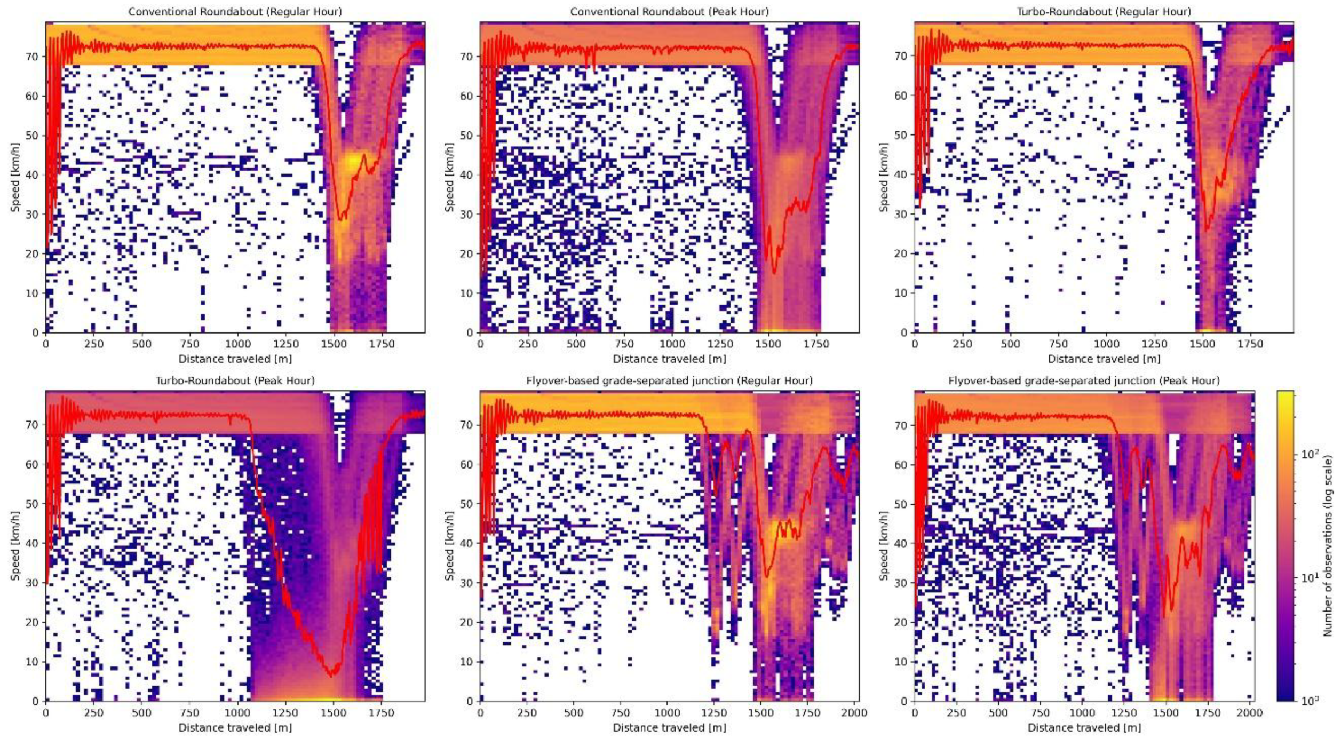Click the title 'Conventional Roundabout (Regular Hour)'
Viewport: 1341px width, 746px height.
(x=235, y=11)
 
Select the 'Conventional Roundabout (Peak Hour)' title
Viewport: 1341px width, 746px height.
(x=669, y=11)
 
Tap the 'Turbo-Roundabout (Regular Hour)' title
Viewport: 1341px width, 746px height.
(x=1104, y=11)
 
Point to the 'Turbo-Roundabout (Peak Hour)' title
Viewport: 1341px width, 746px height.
(x=235, y=380)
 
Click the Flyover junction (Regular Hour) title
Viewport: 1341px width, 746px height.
(x=669, y=380)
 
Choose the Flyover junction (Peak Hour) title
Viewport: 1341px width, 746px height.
(x=1084, y=380)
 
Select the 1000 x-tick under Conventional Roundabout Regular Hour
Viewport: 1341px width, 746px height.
(x=237, y=344)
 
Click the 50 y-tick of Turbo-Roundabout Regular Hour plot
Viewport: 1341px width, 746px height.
(x=901, y=135)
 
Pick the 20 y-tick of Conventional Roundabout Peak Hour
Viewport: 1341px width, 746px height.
(x=466, y=253)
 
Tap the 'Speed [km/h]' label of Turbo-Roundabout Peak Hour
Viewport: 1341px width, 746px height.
(x=15, y=545)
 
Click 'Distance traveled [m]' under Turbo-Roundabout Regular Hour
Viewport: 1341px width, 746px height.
(x=1104, y=359)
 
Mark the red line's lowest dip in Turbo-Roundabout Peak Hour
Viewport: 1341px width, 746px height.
(x=331, y=676)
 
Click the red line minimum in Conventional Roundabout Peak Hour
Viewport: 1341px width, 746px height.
(x=774, y=273)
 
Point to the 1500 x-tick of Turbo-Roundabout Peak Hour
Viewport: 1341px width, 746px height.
(x=333, y=713)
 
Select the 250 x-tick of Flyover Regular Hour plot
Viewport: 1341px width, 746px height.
(x=527, y=713)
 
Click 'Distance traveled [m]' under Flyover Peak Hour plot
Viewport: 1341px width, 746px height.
(x=1084, y=728)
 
